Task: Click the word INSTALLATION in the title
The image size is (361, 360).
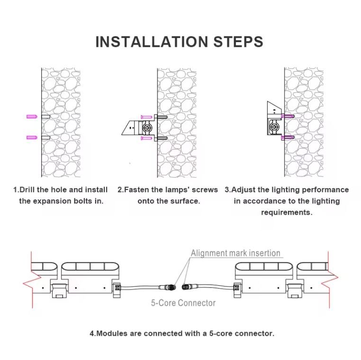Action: pyautogui.click(x=152, y=42)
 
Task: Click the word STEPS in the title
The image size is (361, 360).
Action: pyautogui.click(x=238, y=42)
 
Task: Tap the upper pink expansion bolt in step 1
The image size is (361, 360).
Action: pyautogui.click(x=32, y=117)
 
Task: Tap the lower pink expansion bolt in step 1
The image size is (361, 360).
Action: pyautogui.click(x=32, y=138)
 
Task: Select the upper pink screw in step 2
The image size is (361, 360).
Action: pyautogui.click(x=146, y=117)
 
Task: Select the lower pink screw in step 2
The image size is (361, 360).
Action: pyautogui.click(x=146, y=138)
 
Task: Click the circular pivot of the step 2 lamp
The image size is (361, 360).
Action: pyautogui.click(x=147, y=127)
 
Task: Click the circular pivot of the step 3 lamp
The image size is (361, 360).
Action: pyautogui.click(x=274, y=126)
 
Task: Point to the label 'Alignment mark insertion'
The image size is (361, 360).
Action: pyautogui.click(x=235, y=253)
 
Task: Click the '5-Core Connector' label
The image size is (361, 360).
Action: pyautogui.click(x=183, y=303)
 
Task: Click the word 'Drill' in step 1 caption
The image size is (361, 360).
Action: pyautogui.click(x=27, y=189)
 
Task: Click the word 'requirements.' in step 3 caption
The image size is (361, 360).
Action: pyautogui.click(x=287, y=212)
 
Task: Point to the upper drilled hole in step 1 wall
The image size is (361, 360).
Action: pyautogui.click(x=45, y=117)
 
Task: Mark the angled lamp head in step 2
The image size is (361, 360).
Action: pyautogui.click(x=130, y=127)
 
